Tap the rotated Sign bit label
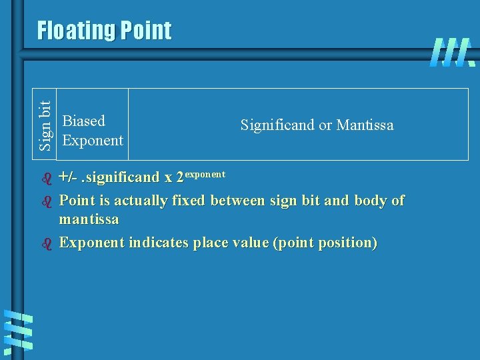pos(45,125)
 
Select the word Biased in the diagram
pos(83,121)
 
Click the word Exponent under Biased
pos(92,140)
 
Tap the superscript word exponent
pos(205,173)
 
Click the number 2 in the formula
pos(179,178)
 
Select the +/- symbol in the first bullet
pos(67,177)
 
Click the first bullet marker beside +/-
pos(47,178)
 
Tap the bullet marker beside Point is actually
pos(47,201)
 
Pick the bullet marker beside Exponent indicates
pos(47,243)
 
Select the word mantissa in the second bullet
pos(89,219)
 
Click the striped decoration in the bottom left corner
pos(18,331)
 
